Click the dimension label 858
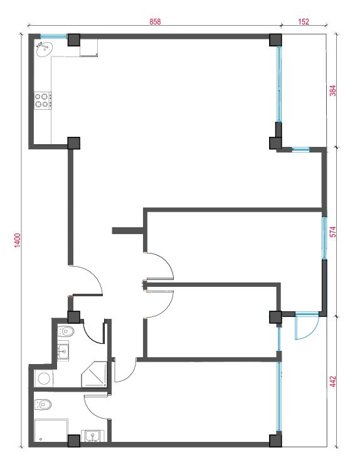[x=155, y=22]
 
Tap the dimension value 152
[x=303, y=22]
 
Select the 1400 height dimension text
[x=18, y=240]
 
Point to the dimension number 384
[x=333, y=90]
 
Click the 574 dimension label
[x=333, y=232]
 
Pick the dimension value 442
[x=333, y=381]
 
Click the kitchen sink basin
[x=45, y=49]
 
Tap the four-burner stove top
[x=43, y=100]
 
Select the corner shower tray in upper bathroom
[x=94, y=374]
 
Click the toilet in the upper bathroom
[x=66, y=331]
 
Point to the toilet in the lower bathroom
[x=43, y=404]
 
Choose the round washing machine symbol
[x=44, y=378]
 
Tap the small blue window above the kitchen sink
[x=53, y=36]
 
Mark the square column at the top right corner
[x=275, y=40]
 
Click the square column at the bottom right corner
[x=275, y=441]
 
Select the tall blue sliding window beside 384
[x=279, y=84]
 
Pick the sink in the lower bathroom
[x=93, y=436]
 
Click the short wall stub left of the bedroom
[x=127, y=230]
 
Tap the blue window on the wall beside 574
[x=324, y=238]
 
